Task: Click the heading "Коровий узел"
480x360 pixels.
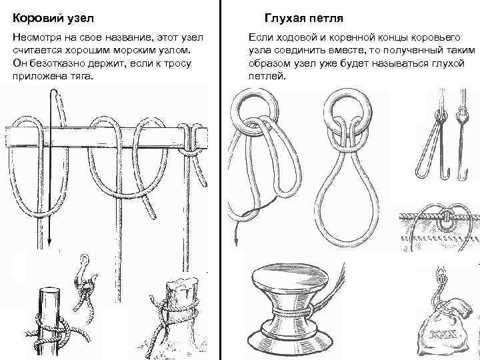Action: pos(53,18)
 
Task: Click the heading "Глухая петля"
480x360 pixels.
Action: pos(303,18)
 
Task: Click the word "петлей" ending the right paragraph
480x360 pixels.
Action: pos(267,76)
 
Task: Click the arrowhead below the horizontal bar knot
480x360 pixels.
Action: pos(49,242)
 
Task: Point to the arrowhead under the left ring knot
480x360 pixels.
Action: pos(236,241)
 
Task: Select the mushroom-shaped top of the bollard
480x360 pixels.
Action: pos(290,278)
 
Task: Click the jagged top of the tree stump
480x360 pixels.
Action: pos(182,286)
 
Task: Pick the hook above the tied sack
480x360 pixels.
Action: pos(439,284)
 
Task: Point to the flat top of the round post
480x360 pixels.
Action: pos(49,290)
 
